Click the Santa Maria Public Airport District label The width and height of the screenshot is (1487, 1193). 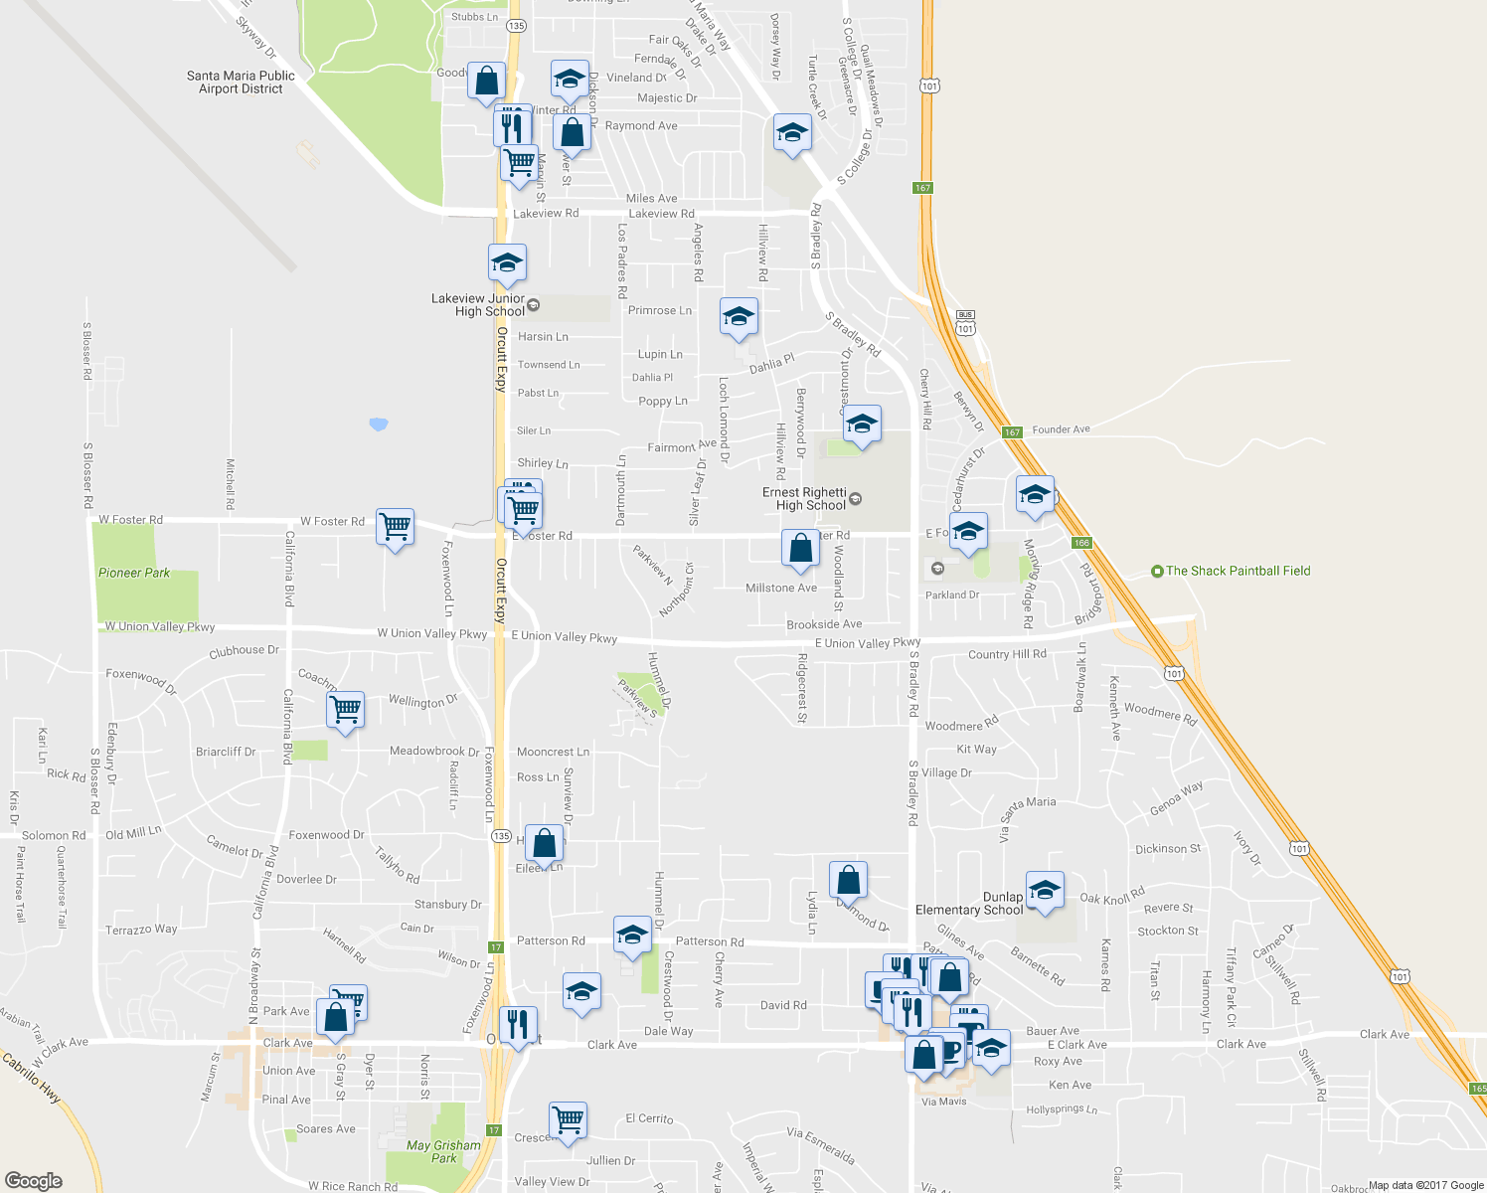(x=241, y=83)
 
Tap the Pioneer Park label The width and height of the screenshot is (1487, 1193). (x=134, y=573)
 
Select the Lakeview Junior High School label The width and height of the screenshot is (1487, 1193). (x=478, y=304)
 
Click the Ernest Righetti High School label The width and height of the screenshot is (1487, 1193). (x=804, y=499)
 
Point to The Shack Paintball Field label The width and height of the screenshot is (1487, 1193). (x=1238, y=571)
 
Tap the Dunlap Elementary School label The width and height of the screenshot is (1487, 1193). (x=969, y=904)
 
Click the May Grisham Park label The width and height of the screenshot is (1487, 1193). (x=443, y=1151)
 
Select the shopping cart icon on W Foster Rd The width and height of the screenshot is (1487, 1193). (x=396, y=527)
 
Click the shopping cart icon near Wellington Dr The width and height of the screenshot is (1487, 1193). (x=345, y=710)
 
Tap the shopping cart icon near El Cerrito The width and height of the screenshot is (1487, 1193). (x=568, y=1119)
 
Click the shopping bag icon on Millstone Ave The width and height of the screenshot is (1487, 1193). (x=800, y=548)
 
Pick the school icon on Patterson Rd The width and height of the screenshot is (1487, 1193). (x=632, y=935)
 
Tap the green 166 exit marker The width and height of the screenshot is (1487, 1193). (x=1081, y=543)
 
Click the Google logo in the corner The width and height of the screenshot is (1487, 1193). (x=34, y=1180)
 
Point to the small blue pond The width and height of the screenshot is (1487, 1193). (x=378, y=425)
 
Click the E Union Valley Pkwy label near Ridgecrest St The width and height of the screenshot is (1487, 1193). (x=867, y=643)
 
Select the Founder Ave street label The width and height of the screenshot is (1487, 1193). (x=1061, y=429)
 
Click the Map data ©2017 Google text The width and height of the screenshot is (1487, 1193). (x=1425, y=1185)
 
